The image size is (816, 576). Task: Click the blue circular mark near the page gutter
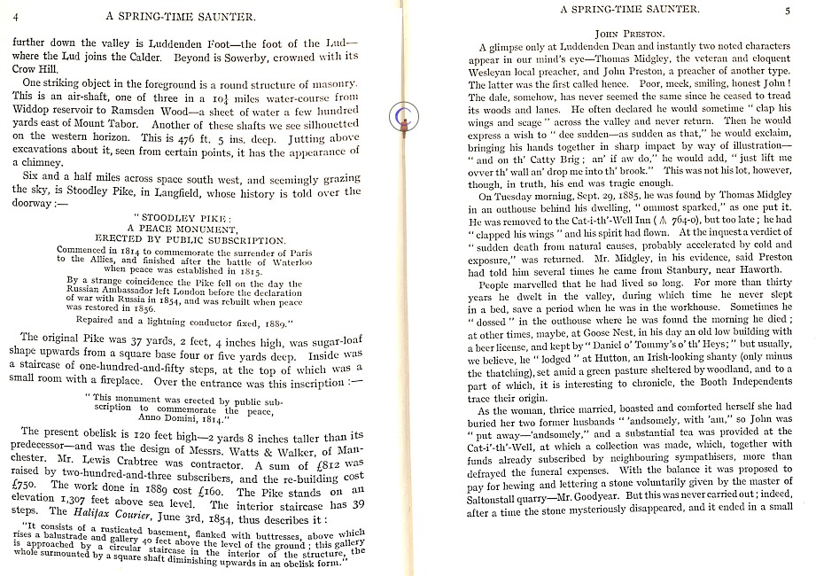coord(406,113)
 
